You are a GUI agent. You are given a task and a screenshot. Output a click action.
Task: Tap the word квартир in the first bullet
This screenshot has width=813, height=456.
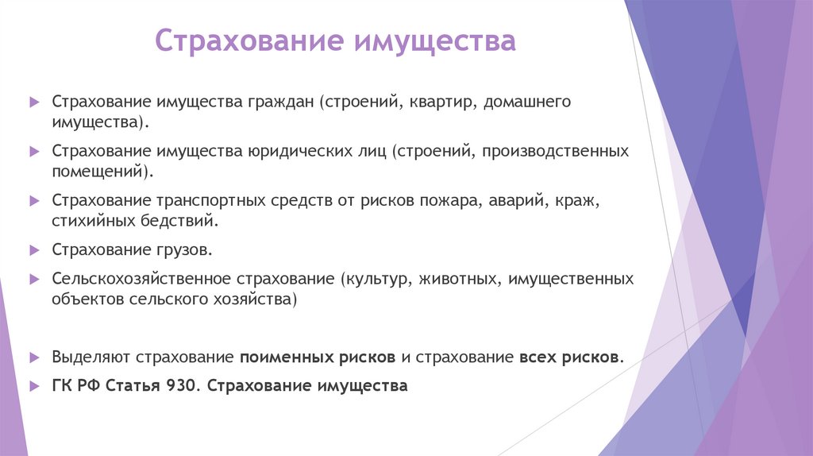[x=438, y=103]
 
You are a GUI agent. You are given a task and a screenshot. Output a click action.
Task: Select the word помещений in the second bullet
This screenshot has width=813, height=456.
[x=98, y=171]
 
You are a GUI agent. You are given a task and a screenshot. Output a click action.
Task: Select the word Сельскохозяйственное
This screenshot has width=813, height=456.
[x=141, y=280]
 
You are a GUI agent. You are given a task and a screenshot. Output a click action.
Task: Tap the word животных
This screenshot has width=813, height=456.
[x=460, y=280]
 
